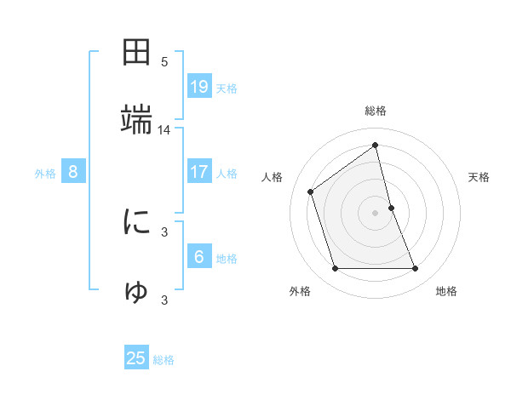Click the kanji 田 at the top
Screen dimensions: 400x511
point(137,52)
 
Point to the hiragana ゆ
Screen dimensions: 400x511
point(137,291)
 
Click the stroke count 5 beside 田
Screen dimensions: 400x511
point(164,62)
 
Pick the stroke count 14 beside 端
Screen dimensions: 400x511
point(164,130)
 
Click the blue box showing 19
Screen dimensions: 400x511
point(199,86)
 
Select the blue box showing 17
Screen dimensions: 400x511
point(199,172)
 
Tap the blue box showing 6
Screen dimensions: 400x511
point(199,256)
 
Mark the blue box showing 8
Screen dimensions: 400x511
point(73,172)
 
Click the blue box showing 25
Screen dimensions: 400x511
point(137,358)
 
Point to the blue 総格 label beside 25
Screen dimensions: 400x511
point(164,360)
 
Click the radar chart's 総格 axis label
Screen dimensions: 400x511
point(376,111)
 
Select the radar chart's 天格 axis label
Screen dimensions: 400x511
point(479,177)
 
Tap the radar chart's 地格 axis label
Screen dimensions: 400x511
point(446,291)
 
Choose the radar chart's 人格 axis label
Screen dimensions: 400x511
point(273,177)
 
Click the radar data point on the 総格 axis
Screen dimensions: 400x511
point(376,146)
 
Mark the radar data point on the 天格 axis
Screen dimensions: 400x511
point(391,207)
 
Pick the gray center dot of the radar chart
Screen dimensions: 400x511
point(376,212)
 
